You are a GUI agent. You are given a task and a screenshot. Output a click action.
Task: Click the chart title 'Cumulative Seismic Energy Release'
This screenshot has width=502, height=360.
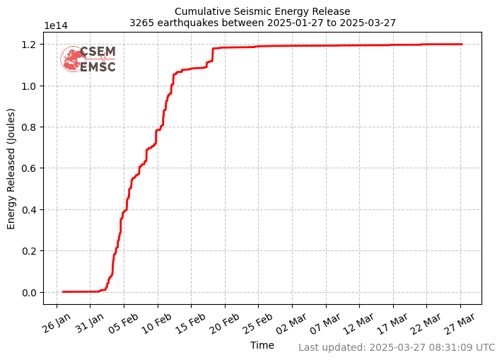262,11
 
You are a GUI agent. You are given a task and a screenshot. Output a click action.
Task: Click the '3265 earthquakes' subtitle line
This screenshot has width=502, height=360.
262,23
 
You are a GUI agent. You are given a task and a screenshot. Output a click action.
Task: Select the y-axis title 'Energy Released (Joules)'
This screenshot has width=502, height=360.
11,168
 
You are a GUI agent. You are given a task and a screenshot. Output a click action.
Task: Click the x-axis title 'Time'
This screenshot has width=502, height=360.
262,345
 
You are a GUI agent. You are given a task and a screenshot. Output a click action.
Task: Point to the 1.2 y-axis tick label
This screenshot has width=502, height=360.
30,45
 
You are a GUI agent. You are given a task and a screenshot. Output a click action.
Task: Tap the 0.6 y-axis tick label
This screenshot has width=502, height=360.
30,168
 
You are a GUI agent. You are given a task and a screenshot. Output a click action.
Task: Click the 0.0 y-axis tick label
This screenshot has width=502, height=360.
30,292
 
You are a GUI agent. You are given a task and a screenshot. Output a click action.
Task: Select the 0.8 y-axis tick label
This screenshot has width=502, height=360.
30,127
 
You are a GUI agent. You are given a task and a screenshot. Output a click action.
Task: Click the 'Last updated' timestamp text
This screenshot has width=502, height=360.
397,347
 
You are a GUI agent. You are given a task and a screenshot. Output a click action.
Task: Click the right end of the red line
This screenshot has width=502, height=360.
462,44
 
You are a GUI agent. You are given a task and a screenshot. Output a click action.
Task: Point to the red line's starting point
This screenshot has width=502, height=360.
63,291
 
